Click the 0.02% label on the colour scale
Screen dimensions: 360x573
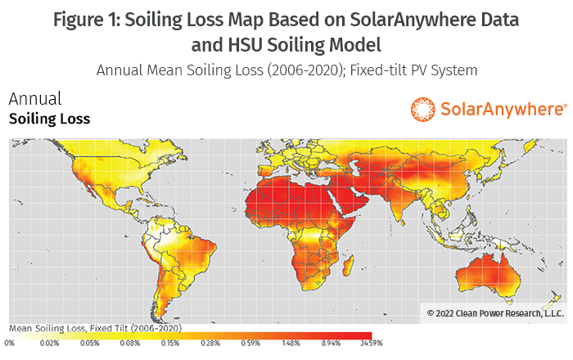coord(49,344)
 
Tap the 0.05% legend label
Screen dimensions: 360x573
coord(90,344)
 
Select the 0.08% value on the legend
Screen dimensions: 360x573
coord(130,344)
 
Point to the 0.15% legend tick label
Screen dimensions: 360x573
coord(169,344)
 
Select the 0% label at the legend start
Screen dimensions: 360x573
coord(10,344)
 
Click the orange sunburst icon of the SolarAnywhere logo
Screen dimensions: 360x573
coord(424,109)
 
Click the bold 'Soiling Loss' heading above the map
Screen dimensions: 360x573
coord(49,119)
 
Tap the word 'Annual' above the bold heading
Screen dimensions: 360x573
coord(34,100)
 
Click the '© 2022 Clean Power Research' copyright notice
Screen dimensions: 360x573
coord(495,313)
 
